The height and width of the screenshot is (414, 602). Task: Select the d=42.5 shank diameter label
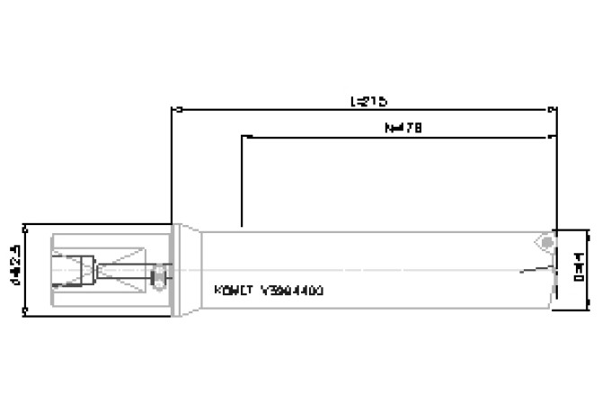click(13, 268)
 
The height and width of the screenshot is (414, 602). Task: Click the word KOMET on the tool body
click(232, 291)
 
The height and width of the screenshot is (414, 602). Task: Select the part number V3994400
click(291, 291)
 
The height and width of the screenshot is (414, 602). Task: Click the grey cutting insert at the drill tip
click(543, 242)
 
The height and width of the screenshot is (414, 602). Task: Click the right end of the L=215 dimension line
click(550, 111)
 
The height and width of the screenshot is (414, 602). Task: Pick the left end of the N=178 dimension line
click(242, 138)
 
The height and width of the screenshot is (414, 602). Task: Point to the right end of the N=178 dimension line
click(550, 138)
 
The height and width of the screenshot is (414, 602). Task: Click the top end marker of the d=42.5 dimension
click(24, 225)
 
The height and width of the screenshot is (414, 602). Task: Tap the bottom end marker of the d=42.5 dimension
click(24, 312)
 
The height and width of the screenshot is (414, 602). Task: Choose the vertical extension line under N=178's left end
click(242, 180)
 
